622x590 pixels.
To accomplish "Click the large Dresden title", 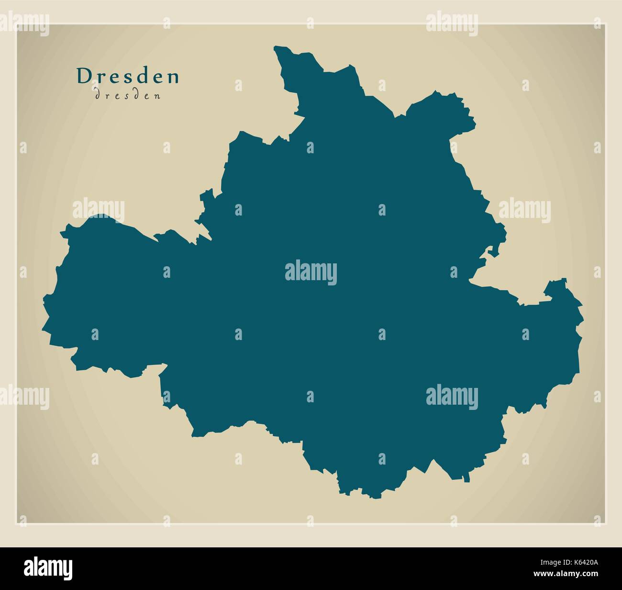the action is [128, 76].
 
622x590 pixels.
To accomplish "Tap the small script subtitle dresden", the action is [128, 95].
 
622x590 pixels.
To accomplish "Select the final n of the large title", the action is [173, 77].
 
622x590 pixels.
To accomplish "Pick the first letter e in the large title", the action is [116, 77].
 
